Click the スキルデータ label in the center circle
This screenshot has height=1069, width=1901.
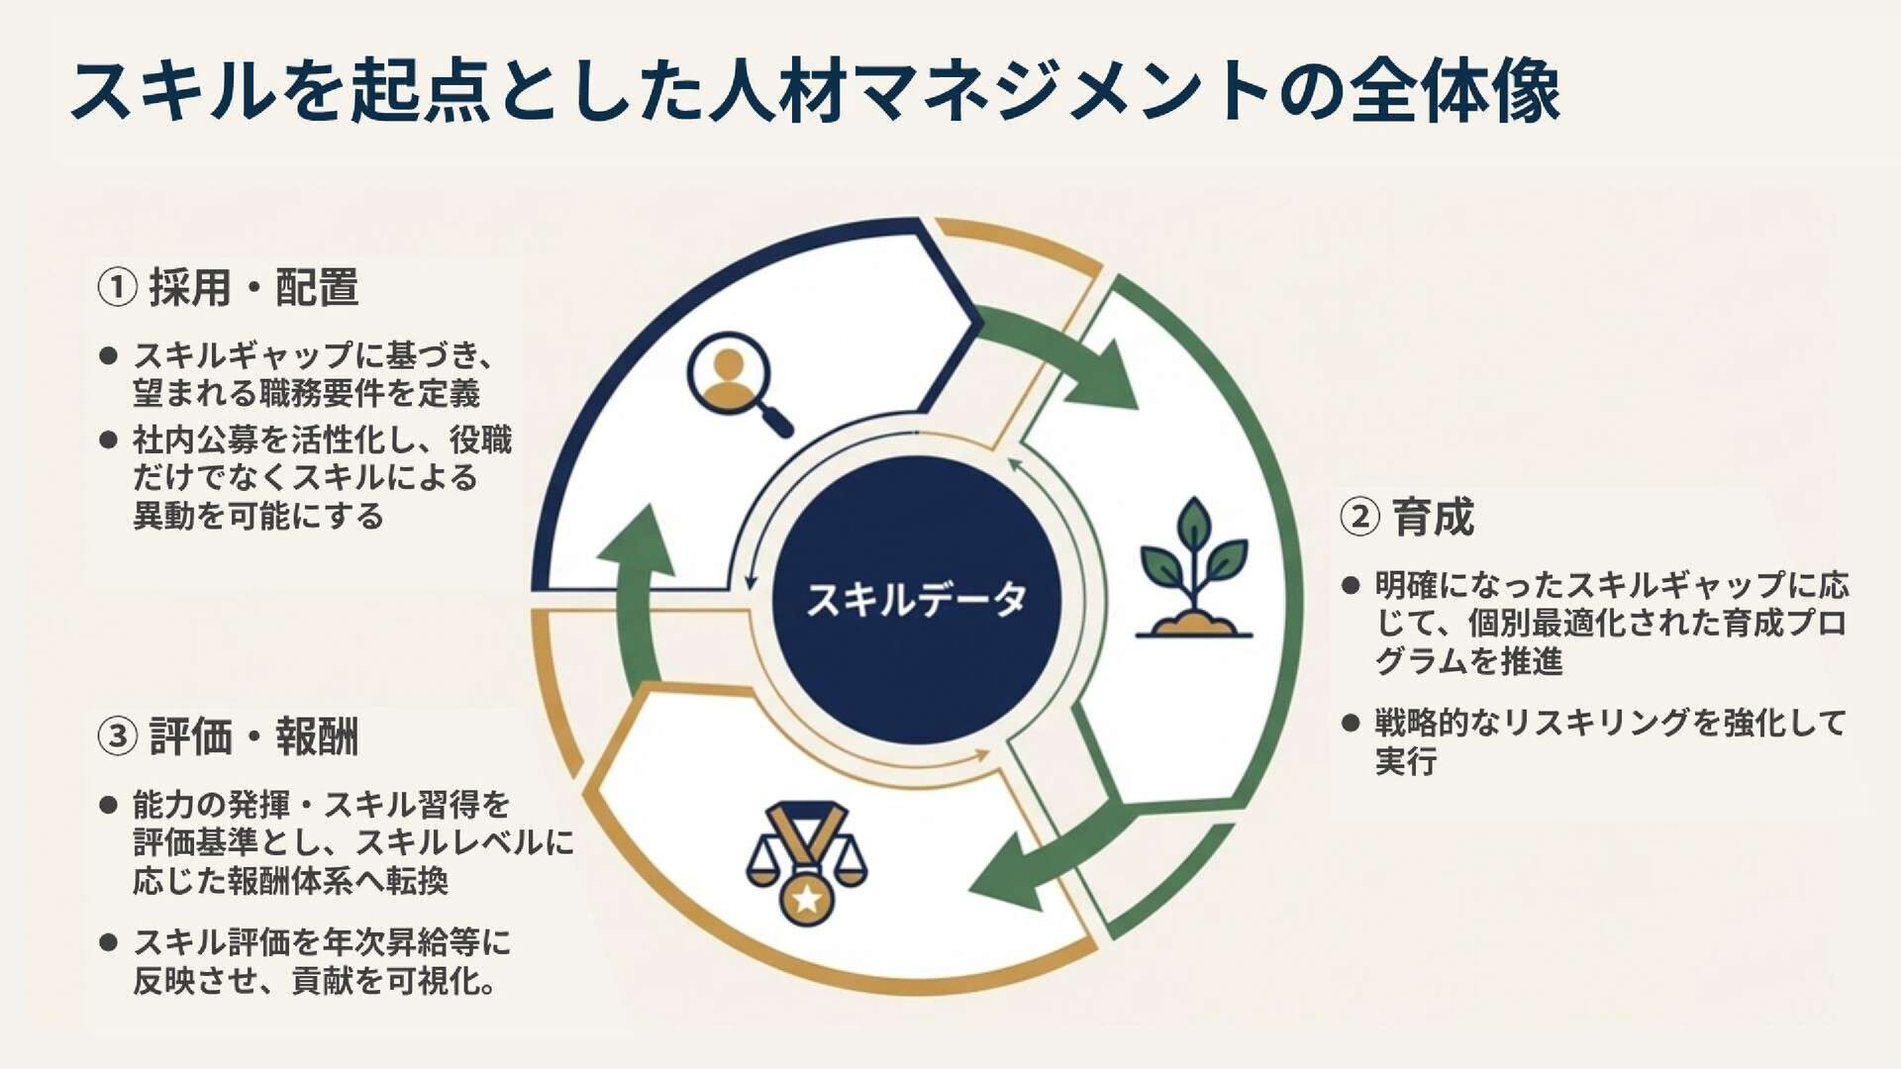(x=917, y=600)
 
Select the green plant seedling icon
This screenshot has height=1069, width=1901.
(x=1194, y=569)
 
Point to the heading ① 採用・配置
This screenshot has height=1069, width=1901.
(x=228, y=288)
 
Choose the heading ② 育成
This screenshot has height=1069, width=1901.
(x=1407, y=517)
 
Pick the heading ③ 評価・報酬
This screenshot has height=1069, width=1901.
(x=228, y=737)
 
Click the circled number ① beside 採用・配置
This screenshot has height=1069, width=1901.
(x=117, y=288)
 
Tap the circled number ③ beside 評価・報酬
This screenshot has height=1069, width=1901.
(x=117, y=737)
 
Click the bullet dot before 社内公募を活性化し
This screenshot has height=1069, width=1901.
(x=109, y=439)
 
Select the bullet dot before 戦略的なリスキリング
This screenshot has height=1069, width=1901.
(x=1351, y=723)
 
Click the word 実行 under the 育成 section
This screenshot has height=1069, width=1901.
(x=1406, y=762)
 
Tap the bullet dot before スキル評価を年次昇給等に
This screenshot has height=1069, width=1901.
(x=109, y=942)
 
